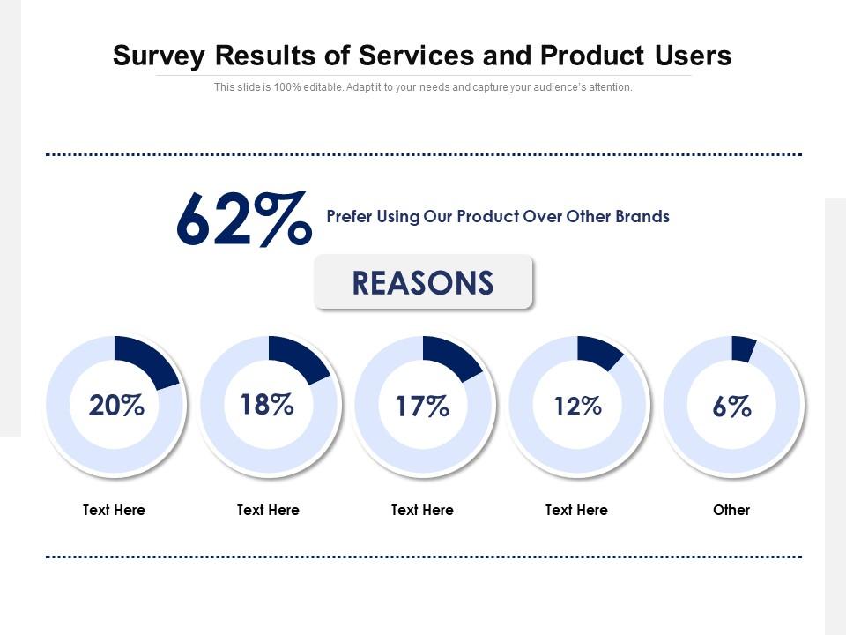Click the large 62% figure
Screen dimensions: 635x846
[x=243, y=220]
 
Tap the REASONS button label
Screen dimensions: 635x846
[x=423, y=283]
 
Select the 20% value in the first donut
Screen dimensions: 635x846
[x=115, y=406]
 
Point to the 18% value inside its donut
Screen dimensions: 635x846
[x=267, y=404]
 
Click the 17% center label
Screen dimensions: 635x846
[x=422, y=407]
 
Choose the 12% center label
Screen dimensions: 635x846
[x=577, y=407]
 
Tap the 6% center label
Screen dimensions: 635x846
[x=731, y=407]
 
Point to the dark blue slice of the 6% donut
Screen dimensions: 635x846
[x=743, y=349]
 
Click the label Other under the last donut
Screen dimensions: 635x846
[x=731, y=510]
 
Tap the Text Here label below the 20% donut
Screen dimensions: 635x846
[x=114, y=510]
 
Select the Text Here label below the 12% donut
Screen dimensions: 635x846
[x=576, y=510]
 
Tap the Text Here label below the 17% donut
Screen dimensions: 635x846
[x=422, y=510]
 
